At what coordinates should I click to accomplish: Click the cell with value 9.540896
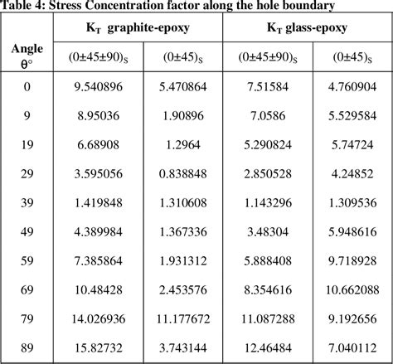click(x=97, y=85)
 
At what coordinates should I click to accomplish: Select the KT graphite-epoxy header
click(x=138, y=28)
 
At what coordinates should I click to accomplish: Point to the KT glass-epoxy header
click(x=307, y=28)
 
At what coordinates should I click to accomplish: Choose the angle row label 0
click(x=27, y=85)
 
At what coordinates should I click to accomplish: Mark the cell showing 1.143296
click(x=266, y=203)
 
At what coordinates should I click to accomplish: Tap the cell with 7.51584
click(x=266, y=85)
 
